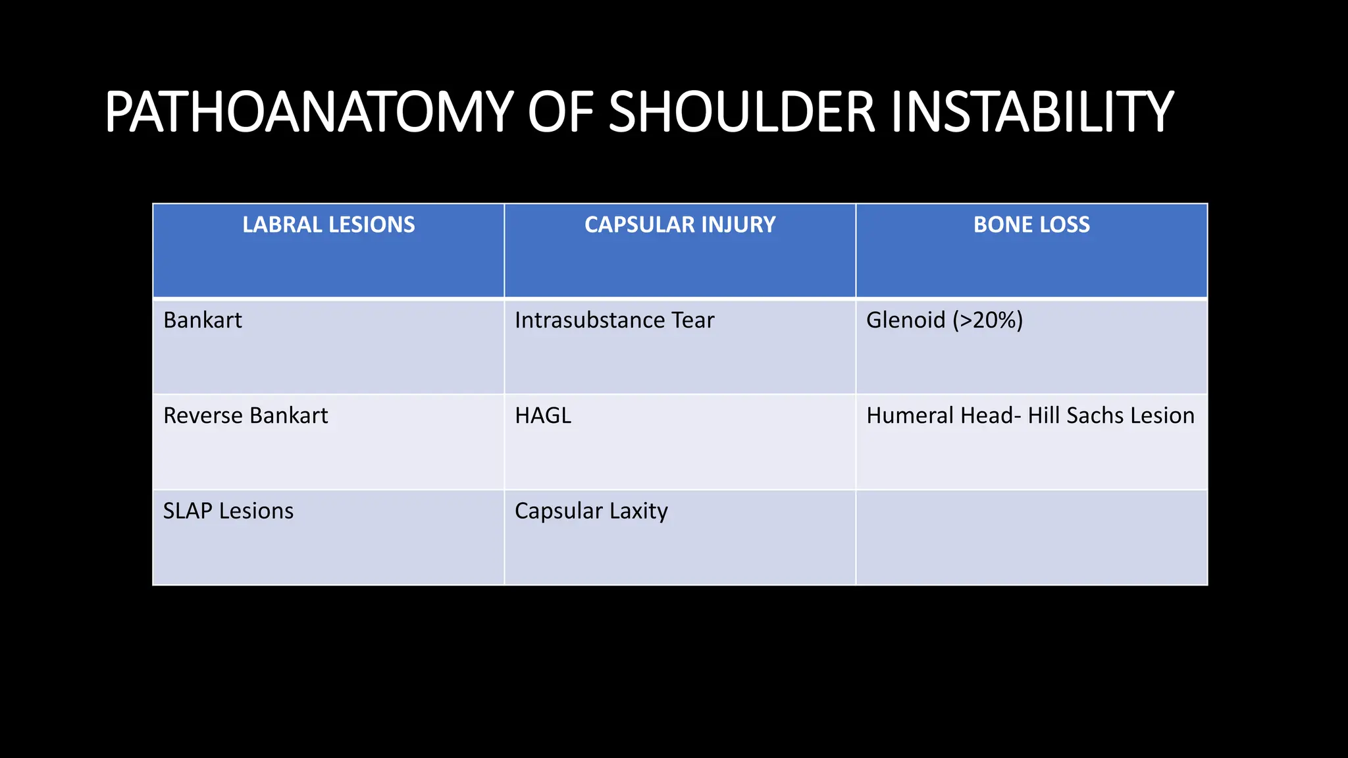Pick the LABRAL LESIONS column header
coord(328,225)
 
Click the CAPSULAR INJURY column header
coord(680,225)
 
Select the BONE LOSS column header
coord(1031,225)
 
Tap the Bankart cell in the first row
coord(203,320)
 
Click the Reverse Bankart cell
coord(246,416)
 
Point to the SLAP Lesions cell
coord(228,511)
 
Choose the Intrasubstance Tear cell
coord(614,320)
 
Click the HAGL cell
coord(543,416)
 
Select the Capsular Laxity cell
coord(591,511)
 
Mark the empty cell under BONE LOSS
coord(1031,538)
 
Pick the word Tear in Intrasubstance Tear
coord(692,320)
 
